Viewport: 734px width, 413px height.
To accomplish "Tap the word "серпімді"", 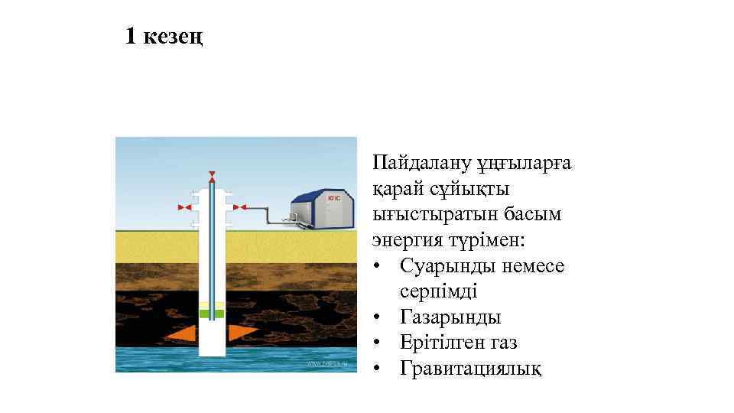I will tap(438, 291).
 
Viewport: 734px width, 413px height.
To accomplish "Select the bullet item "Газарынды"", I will tap(450, 317).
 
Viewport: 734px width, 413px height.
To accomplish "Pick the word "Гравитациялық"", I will tap(471, 369).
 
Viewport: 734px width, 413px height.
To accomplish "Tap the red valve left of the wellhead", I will tap(183, 206).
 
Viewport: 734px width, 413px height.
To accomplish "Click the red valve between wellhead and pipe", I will tap(239, 206).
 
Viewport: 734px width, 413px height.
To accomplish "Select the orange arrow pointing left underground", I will tap(180, 333).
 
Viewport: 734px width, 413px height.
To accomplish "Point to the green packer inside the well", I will tap(212, 313).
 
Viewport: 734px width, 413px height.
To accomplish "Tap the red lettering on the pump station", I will tap(333, 199).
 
